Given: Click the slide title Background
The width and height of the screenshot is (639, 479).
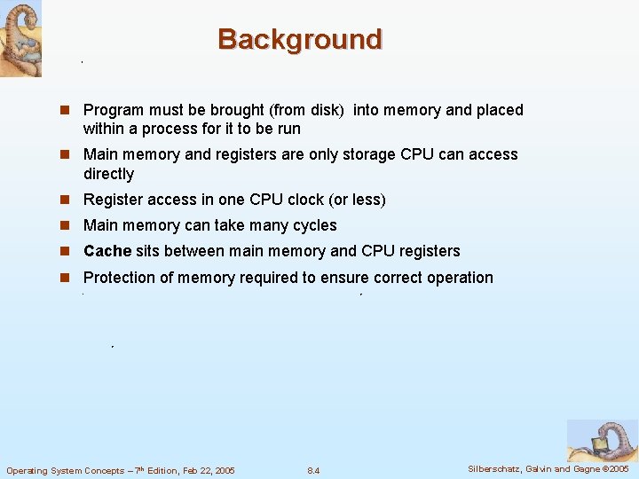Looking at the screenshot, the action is [x=300, y=40].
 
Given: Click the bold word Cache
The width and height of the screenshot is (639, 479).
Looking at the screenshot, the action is [x=107, y=251].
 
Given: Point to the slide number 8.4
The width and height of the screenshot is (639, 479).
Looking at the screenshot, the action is [x=313, y=470].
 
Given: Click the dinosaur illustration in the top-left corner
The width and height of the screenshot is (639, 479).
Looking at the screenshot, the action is [x=20, y=38].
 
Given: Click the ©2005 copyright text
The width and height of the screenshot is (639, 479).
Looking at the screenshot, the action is [x=614, y=469].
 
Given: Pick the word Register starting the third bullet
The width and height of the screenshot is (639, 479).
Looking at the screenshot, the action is [x=113, y=200].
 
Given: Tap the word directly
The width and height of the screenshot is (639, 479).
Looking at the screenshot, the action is [x=108, y=174].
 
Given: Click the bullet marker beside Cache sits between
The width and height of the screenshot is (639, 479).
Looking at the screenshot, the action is [x=65, y=251].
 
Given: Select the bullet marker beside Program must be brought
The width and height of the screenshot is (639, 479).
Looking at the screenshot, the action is [x=65, y=110].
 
